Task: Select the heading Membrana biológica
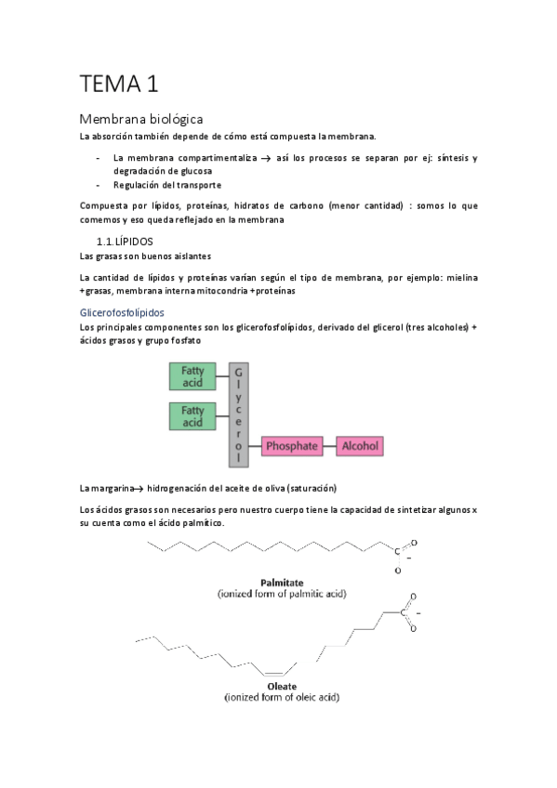(140, 119)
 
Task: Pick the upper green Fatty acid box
(192, 375)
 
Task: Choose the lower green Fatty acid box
(192, 415)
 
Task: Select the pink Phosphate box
(292, 446)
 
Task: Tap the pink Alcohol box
(360, 446)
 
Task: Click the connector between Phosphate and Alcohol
(329, 446)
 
